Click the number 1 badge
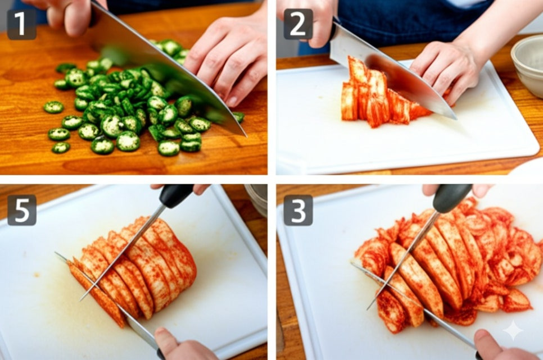[x=21, y=24]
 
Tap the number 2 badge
[x=298, y=24]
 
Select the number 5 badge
[x=22, y=210]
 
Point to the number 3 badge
[x=298, y=210]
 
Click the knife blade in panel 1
[x=166, y=69]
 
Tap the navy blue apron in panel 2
[x=409, y=21]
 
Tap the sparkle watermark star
[x=513, y=331]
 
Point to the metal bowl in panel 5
[x=256, y=199]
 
